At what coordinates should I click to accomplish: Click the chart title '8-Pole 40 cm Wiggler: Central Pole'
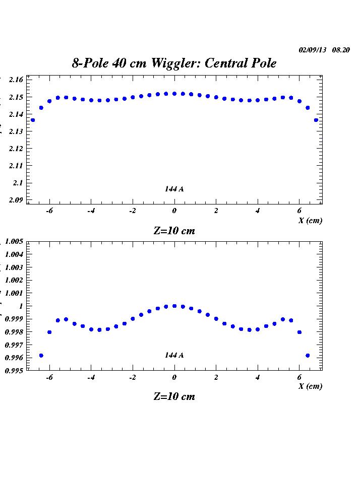[174, 63]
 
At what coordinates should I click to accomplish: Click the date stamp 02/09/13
[313, 50]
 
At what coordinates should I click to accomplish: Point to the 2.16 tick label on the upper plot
[17, 80]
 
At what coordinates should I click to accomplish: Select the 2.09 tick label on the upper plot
[17, 200]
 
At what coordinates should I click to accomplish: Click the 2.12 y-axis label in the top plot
[17, 149]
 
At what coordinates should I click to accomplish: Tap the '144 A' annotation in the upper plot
[174, 189]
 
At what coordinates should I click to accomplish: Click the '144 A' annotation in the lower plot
[174, 355]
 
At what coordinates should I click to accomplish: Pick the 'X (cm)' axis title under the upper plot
[310, 220]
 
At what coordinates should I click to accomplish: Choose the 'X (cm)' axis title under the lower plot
[310, 386]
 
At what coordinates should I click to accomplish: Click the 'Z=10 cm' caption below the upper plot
[174, 231]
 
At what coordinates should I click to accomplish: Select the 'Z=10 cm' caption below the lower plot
[174, 396]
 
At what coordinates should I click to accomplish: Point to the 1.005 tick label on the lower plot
[14, 242]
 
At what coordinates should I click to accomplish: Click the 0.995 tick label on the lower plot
[14, 370]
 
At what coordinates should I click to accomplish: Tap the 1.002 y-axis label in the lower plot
[14, 280]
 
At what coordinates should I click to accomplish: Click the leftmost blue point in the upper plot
[33, 120]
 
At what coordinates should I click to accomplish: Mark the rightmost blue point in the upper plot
[316, 120]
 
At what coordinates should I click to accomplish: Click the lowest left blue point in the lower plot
[41, 356]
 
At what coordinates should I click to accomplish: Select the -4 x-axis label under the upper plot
[91, 211]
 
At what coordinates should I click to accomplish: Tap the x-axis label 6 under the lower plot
[299, 377]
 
